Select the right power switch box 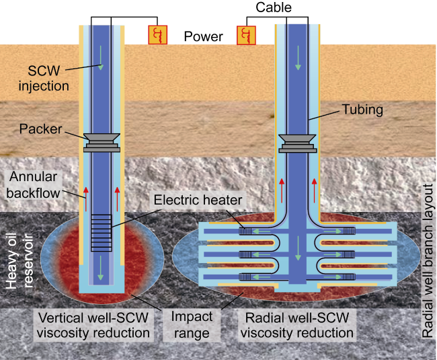(246, 35)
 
